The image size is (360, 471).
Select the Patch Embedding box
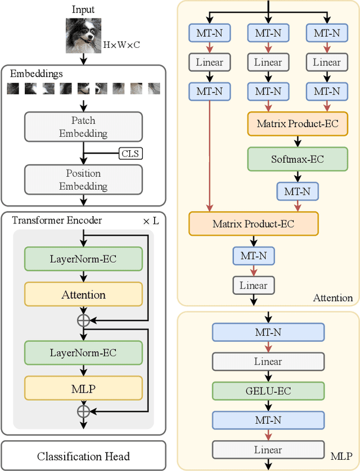click(x=83, y=127)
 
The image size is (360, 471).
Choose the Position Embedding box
click(x=83, y=180)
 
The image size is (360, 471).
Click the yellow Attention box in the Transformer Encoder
click(x=83, y=295)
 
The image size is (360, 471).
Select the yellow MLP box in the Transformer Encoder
click(x=83, y=388)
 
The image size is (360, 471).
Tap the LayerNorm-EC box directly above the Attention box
click(x=83, y=259)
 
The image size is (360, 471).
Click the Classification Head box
click(x=83, y=456)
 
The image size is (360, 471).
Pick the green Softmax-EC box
click(x=298, y=159)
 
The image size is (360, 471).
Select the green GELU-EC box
click(x=268, y=391)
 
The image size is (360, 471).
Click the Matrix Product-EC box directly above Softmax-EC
click(x=298, y=123)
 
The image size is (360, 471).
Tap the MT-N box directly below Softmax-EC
click(x=298, y=191)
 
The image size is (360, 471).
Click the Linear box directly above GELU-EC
click(x=268, y=362)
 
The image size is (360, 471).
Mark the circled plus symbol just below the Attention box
click(x=83, y=320)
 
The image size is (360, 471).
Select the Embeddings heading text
click(x=36, y=74)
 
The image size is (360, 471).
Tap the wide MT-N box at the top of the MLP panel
click(x=268, y=333)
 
